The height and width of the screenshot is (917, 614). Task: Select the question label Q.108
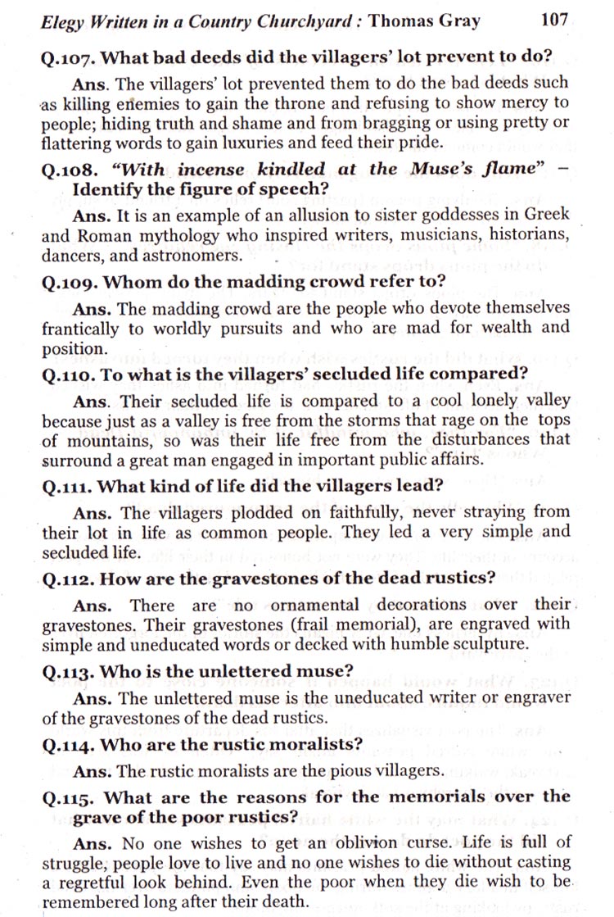click(x=65, y=169)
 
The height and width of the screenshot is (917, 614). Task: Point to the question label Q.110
click(x=65, y=375)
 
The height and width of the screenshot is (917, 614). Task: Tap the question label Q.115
click(x=65, y=796)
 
